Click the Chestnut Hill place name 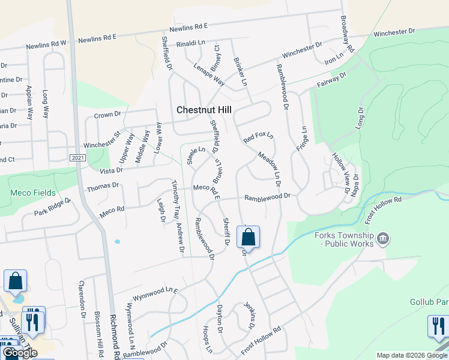[x=204, y=110]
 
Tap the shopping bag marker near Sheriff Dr [x=248, y=238]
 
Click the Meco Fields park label [x=33, y=193]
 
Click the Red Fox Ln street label [x=258, y=138]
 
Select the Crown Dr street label [x=107, y=114]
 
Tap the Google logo [x=19, y=353]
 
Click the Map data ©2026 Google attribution [x=412, y=355]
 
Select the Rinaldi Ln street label [x=191, y=44]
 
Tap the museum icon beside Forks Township [x=382, y=241]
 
